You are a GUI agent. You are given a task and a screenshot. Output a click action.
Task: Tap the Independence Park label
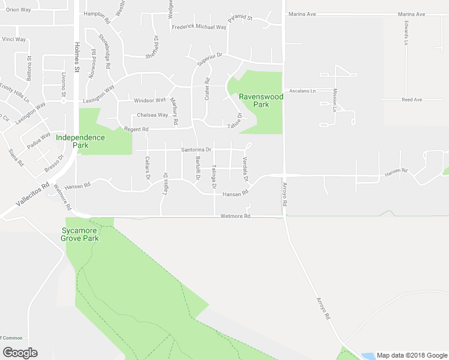click(x=80, y=141)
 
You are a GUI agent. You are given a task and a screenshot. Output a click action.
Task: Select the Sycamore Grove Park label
click(x=80, y=234)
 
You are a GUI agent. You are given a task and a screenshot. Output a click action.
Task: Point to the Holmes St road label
click(x=77, y=57)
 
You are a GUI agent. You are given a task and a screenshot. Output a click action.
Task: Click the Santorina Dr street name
click(x=196, y=149)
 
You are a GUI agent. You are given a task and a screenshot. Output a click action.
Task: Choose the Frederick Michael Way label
click(x=199, y=27)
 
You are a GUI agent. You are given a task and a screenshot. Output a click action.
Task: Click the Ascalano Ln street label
click(x=303, y=91)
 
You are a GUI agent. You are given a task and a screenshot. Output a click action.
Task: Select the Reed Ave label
click(x=412, y=100)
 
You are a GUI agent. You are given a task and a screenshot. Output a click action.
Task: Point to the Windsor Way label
click(x=149, y=100)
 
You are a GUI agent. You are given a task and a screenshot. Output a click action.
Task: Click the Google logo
click(x=20, y=353)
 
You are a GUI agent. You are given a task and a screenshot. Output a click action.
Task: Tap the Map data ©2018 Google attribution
click(x=411, y=355)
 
